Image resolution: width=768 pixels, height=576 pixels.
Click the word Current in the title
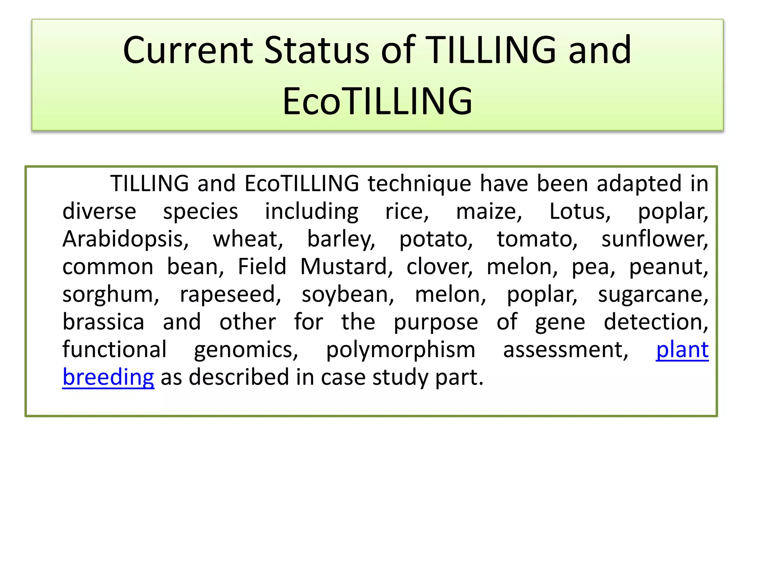[x=188, y=50]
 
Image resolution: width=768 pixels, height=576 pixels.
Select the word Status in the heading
[x=317, y=50]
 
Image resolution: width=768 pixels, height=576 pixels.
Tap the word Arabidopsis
[x=125, y=239]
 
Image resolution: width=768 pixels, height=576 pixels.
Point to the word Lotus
[x=580, y=211]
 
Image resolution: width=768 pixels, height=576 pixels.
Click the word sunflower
[x=655, y=239]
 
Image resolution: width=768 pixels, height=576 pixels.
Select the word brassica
[x=103, y=322]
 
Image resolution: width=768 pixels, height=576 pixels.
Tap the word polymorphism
[x=400, y=350]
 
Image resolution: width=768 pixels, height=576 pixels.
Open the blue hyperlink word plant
[x=682, y=350]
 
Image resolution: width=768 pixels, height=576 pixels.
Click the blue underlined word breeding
[x=108, y=377]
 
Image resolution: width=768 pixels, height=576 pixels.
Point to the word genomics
[x=246, y=350]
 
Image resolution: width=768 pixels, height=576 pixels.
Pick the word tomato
[x=537, y=239]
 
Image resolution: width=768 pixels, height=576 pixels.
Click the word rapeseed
[x=230, y=295]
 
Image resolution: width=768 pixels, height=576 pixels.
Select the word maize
[x=489, y=211]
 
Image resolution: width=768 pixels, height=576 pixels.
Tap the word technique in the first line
[x=419, y=184]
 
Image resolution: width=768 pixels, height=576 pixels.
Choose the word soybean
[x=348, y=295]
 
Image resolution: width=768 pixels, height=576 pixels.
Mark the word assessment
[x=565, y=350]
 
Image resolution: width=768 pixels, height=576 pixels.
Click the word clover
[x=439, y=267]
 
